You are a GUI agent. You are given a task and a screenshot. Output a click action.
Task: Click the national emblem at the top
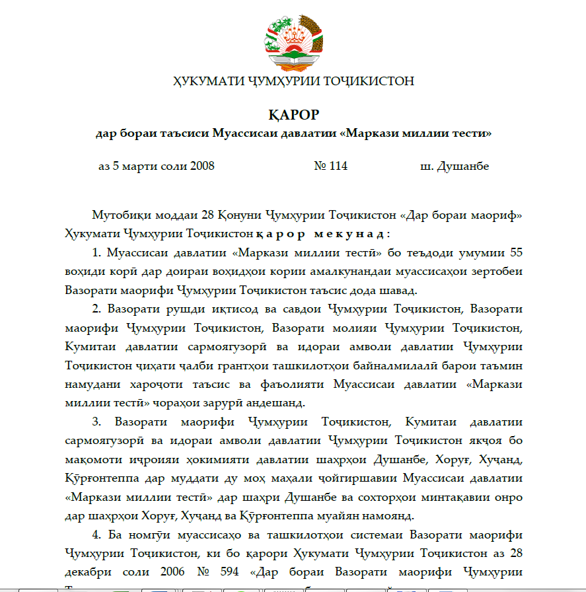(293, 42)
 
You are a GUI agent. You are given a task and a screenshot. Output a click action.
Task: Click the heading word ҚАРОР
(293, 114)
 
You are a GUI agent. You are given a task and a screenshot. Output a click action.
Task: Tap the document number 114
(338, 166)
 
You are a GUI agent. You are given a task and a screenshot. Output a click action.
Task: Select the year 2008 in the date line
(202, 166)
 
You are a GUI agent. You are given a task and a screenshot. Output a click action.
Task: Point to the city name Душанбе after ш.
(463, 166)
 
